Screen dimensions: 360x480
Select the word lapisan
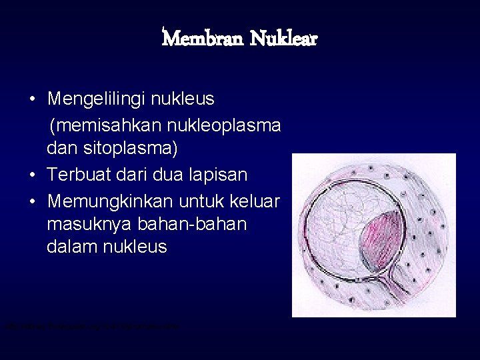[216, 175]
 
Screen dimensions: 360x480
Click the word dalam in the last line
[69, 247]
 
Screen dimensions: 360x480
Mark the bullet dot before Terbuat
[33, 175]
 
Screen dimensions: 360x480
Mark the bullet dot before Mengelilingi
[33, 100]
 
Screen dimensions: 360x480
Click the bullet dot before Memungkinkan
[33, 200]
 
